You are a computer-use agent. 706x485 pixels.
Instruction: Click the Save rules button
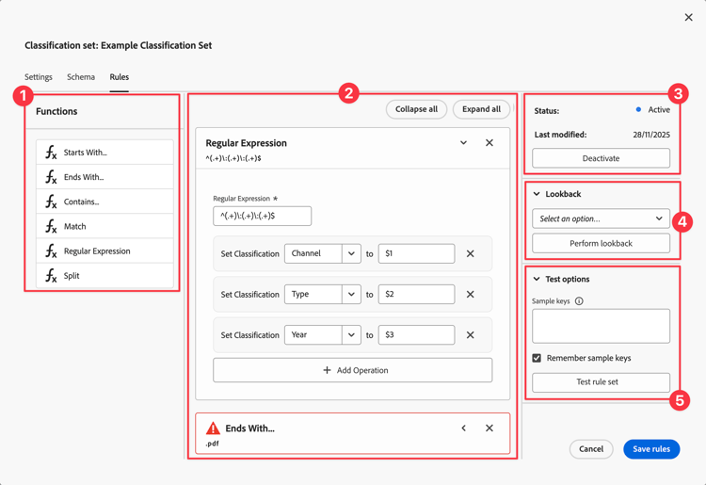(x=650, y=449)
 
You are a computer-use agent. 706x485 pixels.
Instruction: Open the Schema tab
(x=81, y=77)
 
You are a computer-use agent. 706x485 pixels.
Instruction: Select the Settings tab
(x=39, y=77)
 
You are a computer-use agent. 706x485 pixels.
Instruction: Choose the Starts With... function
(x=104, y=153)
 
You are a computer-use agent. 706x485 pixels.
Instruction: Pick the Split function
(x=104, y=276)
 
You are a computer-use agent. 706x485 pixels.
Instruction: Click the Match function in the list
(x=104, y=226)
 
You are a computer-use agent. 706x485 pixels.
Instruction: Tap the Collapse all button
(x=416, y=109)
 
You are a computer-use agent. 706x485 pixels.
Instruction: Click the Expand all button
(x=481, y=109)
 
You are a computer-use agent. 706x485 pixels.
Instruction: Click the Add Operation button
(x=352, y=370)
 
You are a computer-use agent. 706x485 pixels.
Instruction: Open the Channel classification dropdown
(x=322, y=253)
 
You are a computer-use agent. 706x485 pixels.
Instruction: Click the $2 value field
(x=416, y=294)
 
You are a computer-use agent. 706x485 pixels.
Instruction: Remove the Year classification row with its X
(x=471, y=335)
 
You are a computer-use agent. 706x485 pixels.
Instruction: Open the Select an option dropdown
(x=601, y=218)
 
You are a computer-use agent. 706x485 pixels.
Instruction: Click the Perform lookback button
(x=601, y=243)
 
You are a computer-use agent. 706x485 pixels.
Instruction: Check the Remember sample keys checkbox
(x=537, y=358)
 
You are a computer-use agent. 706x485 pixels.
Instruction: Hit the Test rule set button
(x=601, y=382)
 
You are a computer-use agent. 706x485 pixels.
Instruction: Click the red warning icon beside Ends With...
(x=213, y=428)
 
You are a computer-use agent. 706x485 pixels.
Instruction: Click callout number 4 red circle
(x=683, y=222)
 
